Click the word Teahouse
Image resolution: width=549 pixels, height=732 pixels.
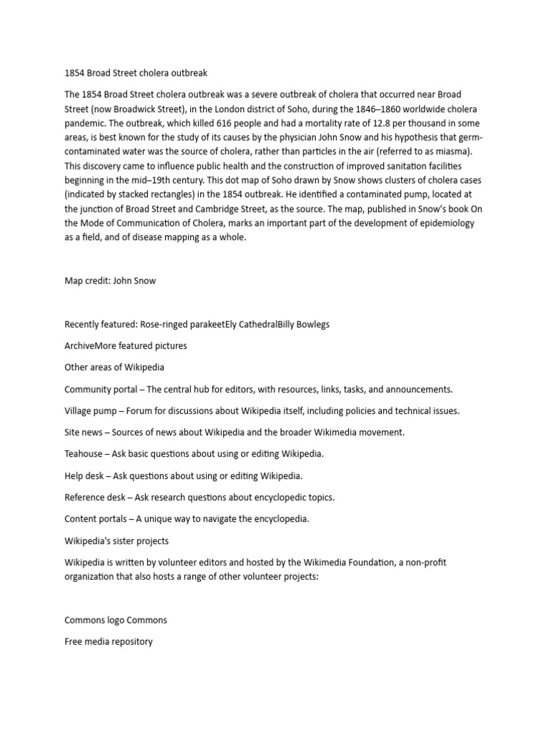[x=84, y=454]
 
